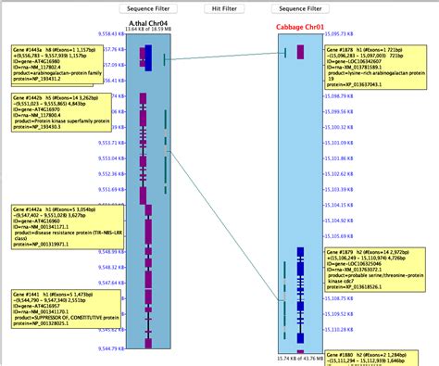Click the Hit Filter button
(223, 7)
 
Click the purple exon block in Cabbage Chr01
(301, 353)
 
